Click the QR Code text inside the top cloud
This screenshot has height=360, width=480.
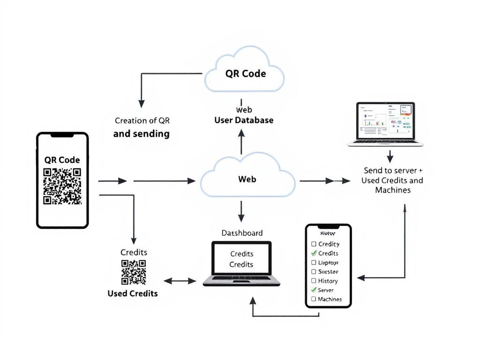245,74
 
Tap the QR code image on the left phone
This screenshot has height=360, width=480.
62,186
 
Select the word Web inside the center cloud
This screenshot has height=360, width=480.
247,179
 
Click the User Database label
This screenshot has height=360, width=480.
244,120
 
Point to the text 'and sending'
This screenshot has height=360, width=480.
141,134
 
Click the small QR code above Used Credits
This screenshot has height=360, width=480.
134,272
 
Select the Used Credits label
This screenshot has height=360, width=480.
133,293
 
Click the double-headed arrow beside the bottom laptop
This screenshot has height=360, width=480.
180,281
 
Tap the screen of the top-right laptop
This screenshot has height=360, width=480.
385,121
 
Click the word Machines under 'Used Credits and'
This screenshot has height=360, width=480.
393,190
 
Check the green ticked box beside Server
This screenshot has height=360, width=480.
314,290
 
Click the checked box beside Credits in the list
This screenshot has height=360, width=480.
314,253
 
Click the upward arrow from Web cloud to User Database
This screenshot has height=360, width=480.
241,141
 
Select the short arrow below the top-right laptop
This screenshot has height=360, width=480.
390,156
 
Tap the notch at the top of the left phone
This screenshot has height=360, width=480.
62,135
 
